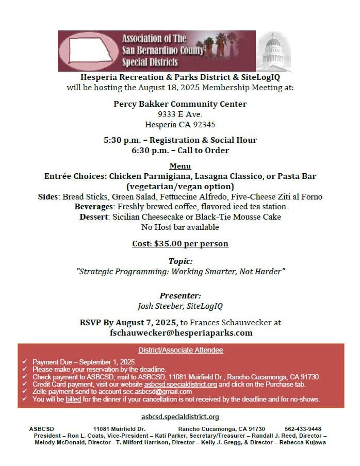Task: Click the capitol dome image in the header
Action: point(273,52)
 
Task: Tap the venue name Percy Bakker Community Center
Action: point(180,104)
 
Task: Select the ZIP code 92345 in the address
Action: point(205,124)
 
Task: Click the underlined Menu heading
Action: point(180,166)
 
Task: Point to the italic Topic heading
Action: point(180,261)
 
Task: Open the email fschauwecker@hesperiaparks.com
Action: point(180,333)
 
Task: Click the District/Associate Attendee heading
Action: point(181,350)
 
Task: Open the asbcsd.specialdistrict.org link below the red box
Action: point(180,417)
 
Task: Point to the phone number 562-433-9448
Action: point(303,429)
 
